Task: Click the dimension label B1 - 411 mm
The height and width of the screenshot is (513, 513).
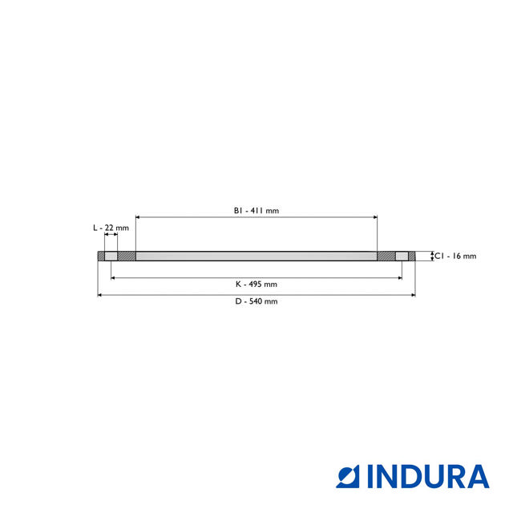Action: point(256,211)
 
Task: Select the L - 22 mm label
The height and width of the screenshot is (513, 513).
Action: point(111,228)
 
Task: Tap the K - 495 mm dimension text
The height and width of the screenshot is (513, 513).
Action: point(256,284)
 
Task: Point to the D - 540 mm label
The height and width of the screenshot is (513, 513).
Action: point(256,301)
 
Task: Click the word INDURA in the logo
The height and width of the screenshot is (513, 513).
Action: point(428,477)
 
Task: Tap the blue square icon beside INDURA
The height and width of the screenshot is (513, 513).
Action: point(349,477)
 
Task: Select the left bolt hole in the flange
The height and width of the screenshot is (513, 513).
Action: point(111,256)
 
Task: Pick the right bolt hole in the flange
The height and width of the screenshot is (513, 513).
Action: point(402,256)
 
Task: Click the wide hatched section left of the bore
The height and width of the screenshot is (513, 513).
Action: point(127,256)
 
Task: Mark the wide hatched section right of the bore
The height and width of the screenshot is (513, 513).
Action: point(386,256)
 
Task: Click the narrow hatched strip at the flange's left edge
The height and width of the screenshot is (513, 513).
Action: point(101,256)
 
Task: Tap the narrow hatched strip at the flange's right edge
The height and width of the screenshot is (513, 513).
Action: point(412,256)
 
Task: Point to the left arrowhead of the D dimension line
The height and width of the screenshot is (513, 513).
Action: point(100,295)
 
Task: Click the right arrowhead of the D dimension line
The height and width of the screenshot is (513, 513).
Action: point(413,295)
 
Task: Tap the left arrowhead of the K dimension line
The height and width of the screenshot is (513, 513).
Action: point(113,277)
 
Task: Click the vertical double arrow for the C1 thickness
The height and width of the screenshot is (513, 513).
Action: point(433,256)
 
